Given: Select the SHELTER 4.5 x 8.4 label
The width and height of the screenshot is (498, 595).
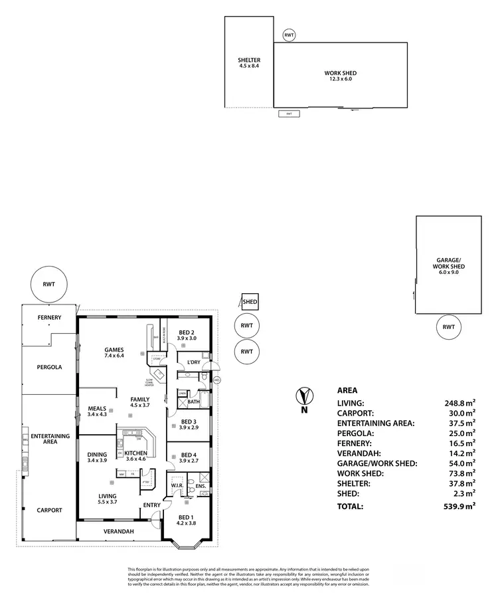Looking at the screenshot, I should [249, 63].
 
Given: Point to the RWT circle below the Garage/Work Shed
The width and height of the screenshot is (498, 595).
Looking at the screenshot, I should [449, 326].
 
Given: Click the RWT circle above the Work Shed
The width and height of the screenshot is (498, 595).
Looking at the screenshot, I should [289, 35].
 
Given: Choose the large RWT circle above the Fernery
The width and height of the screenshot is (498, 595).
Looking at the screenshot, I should [49, 285].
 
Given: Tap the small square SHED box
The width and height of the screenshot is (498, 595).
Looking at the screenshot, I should [249, 302].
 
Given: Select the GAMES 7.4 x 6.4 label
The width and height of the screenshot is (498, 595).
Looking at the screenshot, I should [114, 352].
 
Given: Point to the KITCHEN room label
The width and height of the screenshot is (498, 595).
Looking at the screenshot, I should [135, 455].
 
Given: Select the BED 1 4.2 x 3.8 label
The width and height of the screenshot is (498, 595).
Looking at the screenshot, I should [187, 522].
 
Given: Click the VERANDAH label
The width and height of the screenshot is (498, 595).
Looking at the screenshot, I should [119, 532].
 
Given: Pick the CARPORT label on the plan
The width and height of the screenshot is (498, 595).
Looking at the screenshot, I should [49, 510].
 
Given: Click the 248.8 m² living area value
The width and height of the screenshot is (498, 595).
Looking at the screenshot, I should [459, 403].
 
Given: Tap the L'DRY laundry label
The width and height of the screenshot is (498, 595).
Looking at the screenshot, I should [194, 362].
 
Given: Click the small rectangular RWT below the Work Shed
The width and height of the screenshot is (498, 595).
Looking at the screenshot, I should [289, 114].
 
